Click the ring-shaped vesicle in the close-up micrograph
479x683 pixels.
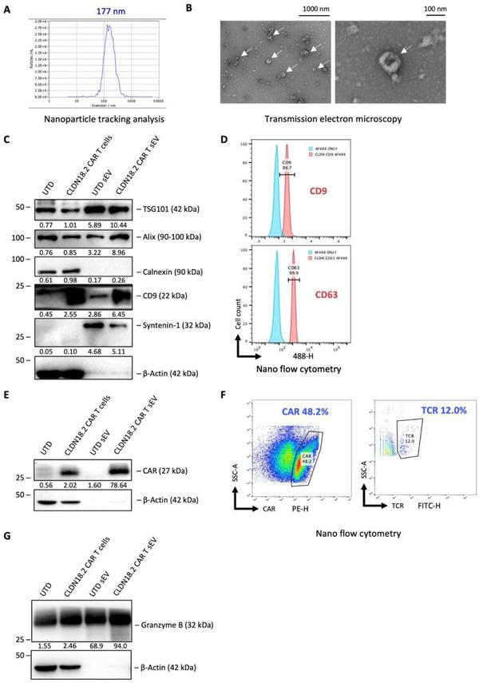[x=390, y=61]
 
